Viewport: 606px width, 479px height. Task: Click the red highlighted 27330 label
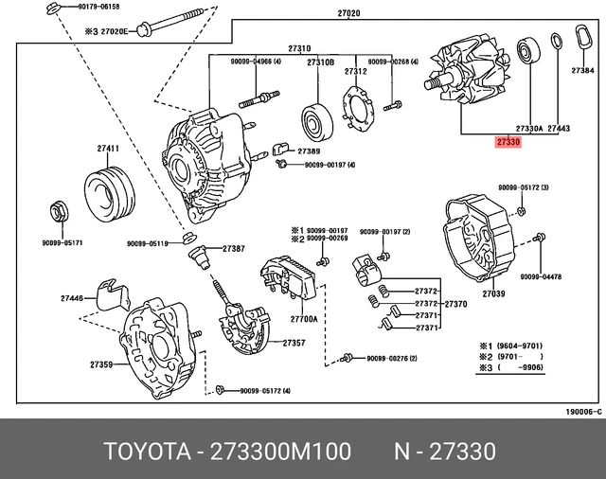[x=508, y=141]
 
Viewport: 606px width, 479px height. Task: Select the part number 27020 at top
[x=348, y=13]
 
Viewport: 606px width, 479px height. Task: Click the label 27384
[x=583, y=70]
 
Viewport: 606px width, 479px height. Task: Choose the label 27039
[x=493, y=294]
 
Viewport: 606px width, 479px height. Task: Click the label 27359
[x=101, y=364]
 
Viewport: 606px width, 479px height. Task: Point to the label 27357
[x=293, y=342]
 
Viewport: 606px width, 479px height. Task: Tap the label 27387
[x=234, y=248]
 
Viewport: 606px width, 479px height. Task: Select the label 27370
[x=455, y=304]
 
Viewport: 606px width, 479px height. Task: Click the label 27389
[x=308, y=151]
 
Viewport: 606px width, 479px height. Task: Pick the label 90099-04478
[x=541, y=276]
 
